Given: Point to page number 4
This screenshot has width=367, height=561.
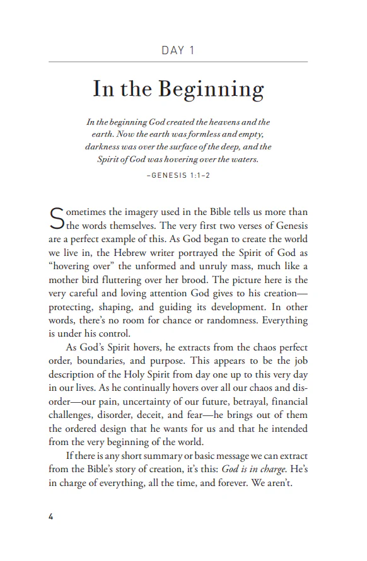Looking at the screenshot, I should click(x=51, y=517).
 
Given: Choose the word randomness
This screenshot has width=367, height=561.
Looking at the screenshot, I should click(x=216, y=320).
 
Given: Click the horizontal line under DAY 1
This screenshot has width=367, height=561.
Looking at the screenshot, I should click(x=178, y=62).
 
